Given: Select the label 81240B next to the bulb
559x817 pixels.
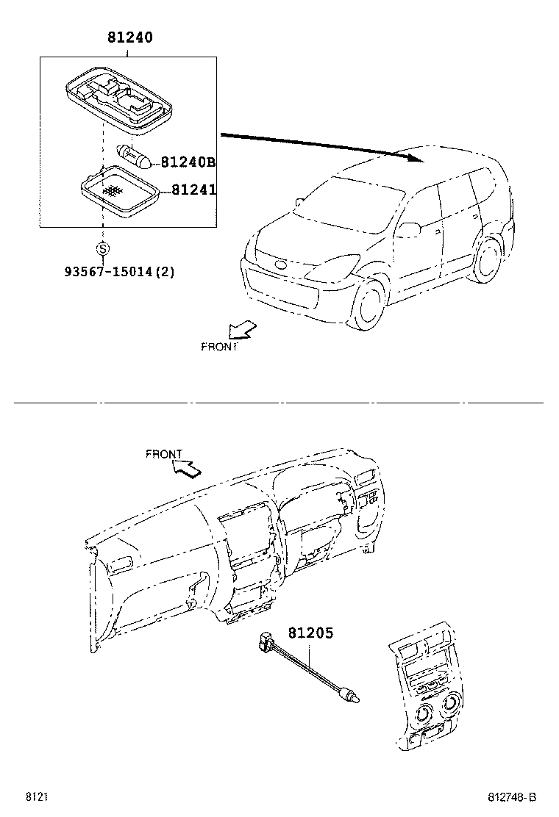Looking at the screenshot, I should pyautogui.click(x=188, y=162).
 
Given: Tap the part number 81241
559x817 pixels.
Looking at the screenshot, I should pyautogui.click(x=193, y=190).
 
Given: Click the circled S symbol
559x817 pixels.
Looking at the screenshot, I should pyautogui.click(x=103, y=248).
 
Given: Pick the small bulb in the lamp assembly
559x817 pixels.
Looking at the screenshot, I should pyautogui.click(x=135, y=155).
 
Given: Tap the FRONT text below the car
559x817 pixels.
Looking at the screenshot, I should pyautogui.click(x=219, y=347).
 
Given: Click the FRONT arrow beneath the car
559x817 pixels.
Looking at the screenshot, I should pyautogui.click(x=242, y=331).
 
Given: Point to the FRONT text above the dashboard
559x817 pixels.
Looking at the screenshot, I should pyautogui.click(x=163, y=454).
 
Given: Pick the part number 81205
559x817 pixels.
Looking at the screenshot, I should pyautogui.click(x=310, y=633).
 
